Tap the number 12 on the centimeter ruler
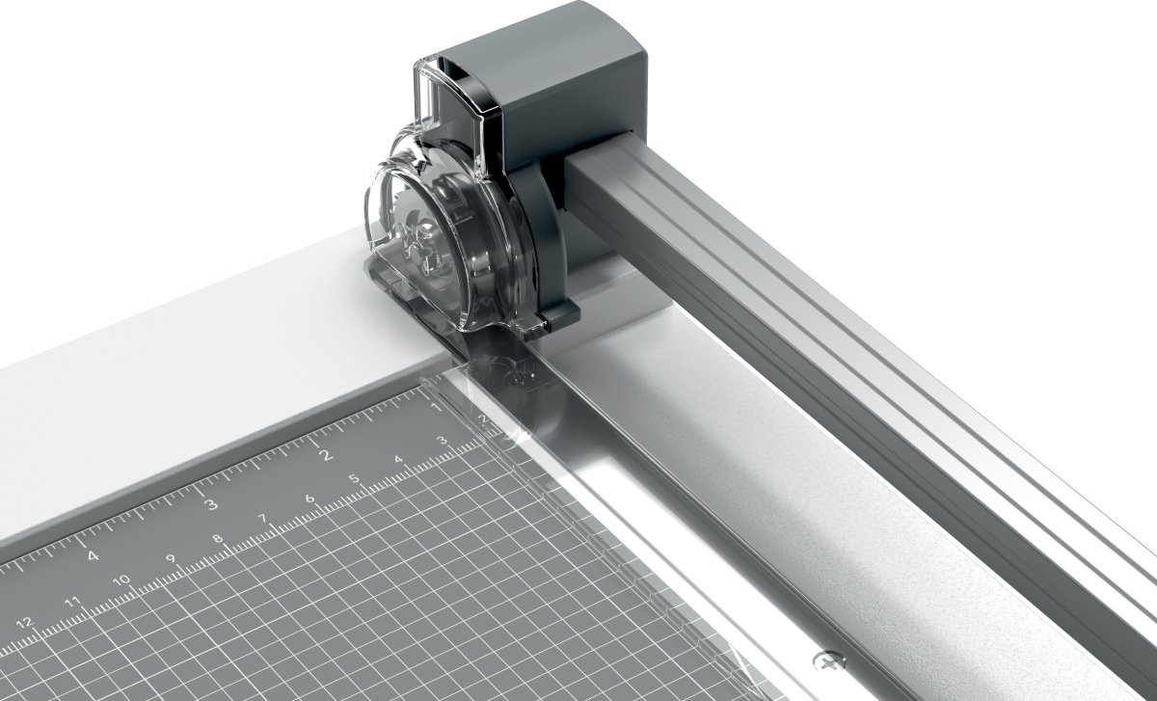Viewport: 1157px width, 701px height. [24, 624]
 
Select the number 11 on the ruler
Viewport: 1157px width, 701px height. [73, 603]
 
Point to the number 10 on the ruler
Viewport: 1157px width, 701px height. [121, 580]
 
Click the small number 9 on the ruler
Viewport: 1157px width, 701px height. [171, 558]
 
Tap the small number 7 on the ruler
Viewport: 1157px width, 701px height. [262, 518]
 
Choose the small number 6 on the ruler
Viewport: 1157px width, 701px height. [309, 499]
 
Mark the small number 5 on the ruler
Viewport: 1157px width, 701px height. [355, 478]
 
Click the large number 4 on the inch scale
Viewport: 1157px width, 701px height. [93, 555]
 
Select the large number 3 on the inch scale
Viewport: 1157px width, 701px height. [211, 503]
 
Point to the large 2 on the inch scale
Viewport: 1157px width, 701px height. [326, 454]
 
